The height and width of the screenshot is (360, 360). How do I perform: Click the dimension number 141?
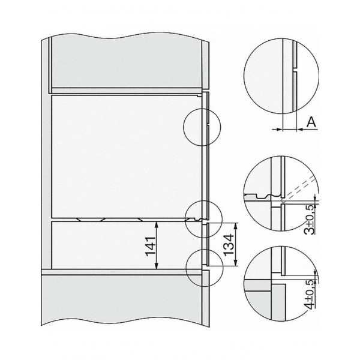point(151,246)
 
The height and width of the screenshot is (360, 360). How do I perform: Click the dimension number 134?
point(229,245)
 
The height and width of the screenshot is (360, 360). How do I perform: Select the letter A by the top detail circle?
point(311,122)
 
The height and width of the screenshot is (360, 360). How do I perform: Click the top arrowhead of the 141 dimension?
point(157,224)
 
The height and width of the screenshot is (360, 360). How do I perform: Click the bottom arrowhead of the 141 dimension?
point(157,266)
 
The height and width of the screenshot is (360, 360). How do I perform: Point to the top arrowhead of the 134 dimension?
point(236,226)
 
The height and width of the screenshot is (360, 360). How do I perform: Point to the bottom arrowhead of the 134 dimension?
point(236,263)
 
